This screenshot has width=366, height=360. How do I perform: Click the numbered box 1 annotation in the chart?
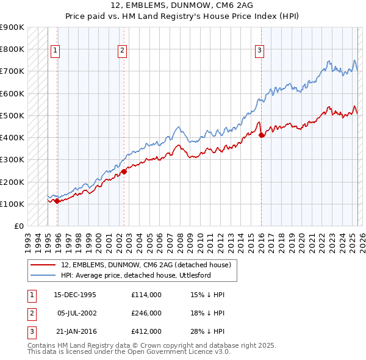click(x=55, y=51)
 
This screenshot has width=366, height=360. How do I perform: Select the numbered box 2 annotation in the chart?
click(x=122, y=51)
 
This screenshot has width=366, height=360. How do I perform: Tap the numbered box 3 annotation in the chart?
click(x=259, y=51)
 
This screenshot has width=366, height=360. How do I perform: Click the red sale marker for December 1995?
click(x=57, y=201)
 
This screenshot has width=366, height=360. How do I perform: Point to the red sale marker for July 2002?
click(x=123, y=171)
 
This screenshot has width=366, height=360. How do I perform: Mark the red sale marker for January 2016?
click(x=261, y=135)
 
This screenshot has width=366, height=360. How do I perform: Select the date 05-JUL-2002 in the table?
click(x=77, y=313)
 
